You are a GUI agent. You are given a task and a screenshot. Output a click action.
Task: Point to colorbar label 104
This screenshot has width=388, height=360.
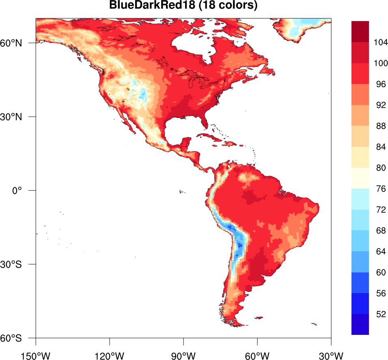tap(381, 42)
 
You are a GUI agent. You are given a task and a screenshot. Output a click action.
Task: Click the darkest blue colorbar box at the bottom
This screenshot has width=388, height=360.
tap(360, 324)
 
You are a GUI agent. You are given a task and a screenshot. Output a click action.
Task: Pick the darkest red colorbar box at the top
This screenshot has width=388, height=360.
tap(360, 32)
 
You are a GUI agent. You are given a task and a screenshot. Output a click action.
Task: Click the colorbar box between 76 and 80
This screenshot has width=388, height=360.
tap(360, 178)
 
